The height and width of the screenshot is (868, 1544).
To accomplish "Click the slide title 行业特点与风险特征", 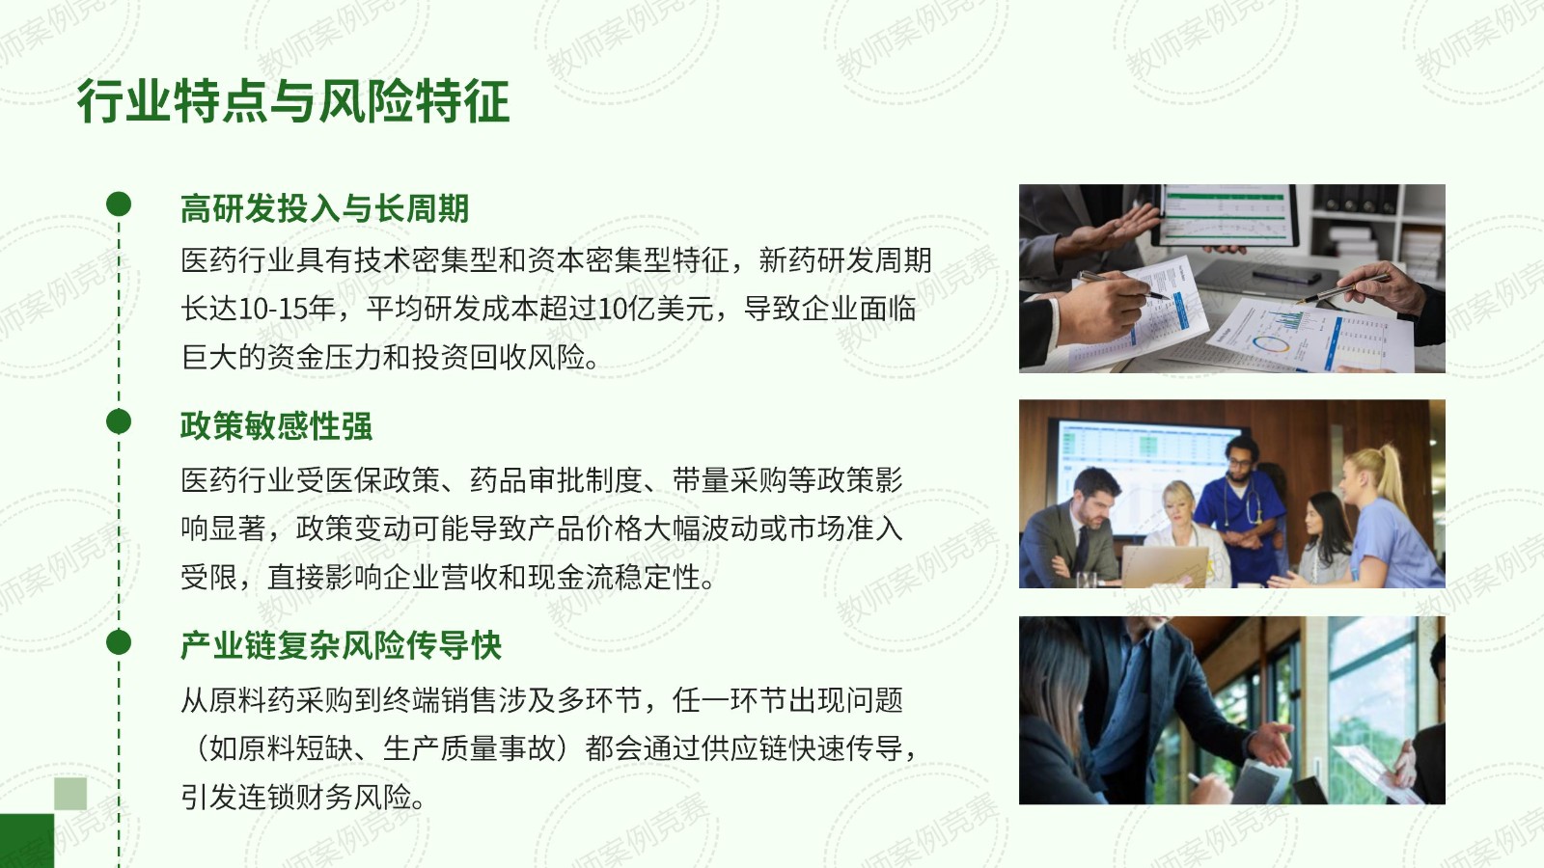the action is point(293,101).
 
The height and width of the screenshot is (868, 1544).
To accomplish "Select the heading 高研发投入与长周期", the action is point(324,208).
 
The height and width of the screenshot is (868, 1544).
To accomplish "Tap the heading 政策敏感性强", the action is point(276,425).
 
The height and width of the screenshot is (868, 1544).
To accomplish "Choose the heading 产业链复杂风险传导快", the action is point(342,645).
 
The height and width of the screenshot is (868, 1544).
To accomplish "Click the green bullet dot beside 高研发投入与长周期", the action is point(119,203).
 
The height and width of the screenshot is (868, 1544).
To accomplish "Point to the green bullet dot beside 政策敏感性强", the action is point(119,421).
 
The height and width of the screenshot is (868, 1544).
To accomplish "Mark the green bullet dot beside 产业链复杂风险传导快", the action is point(119,642).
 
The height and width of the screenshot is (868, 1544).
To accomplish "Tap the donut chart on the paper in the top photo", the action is point(1271,344).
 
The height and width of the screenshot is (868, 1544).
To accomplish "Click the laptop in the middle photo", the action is point(1165,566).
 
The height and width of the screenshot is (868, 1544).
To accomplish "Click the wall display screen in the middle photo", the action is point(1144,475).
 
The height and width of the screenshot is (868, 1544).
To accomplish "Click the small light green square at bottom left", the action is point(70,794).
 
